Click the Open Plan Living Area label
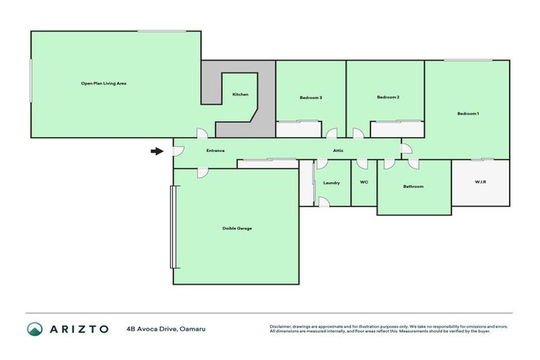click(x=103, y=84)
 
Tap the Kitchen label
click(x=240, y=95)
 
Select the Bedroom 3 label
click(x=310, y=98)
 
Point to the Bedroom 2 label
click(x=388, y=98)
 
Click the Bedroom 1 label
click(x=468, y=114)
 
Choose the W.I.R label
click(x=480, y=182)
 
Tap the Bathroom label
click(x=413, y=186)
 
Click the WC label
click(x=364, y=183)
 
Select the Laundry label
click(x=331, y=183)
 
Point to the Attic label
click(x=338, y=150)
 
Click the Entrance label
click(x=215, y=150)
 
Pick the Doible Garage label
click(x=237, y=229)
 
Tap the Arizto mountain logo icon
click(x=35, y=328)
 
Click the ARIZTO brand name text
click(x=79, y=328)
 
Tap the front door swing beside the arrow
click(x=178, y=151)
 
